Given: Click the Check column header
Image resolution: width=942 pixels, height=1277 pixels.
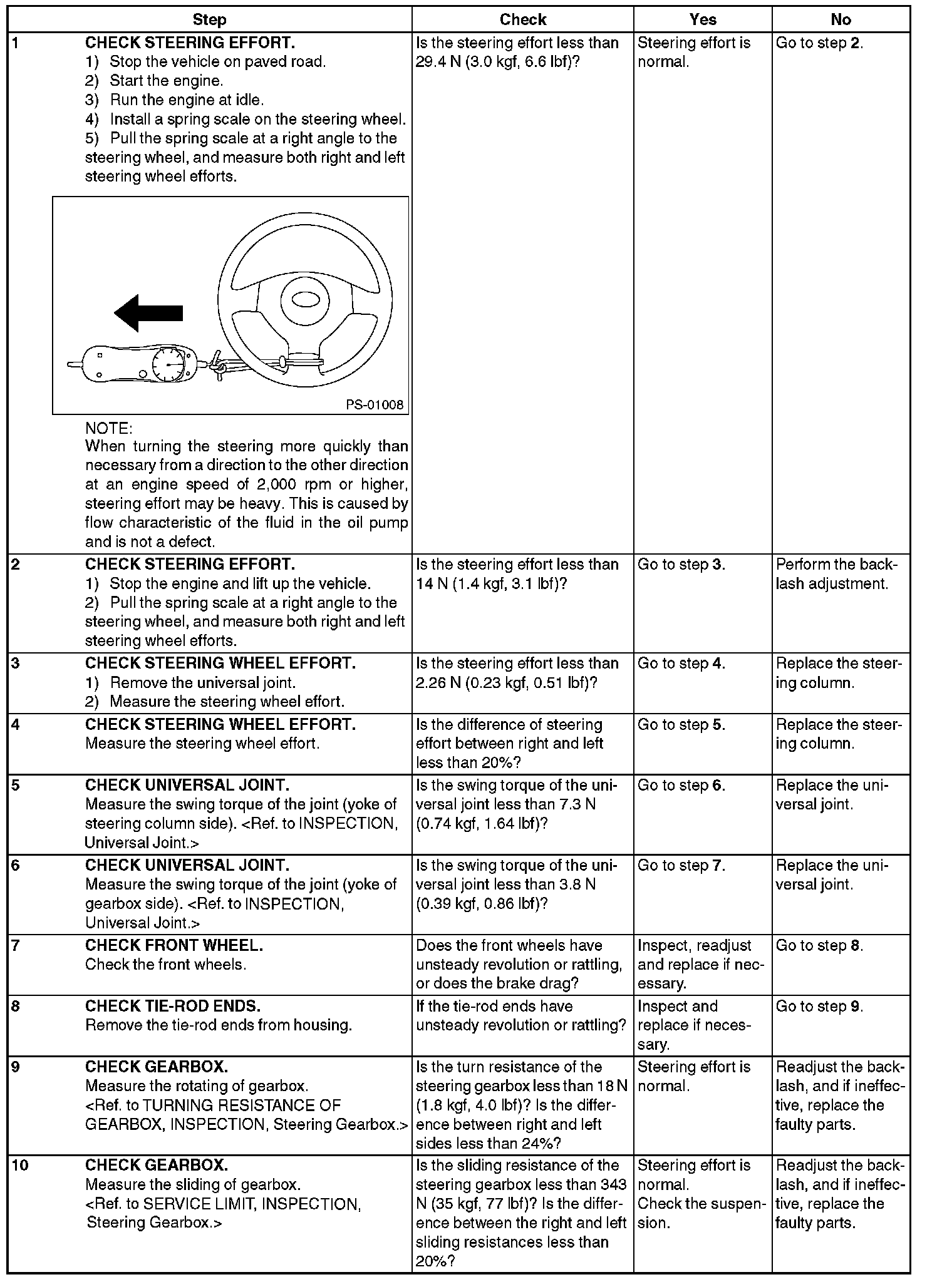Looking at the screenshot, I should [x=522, y=19].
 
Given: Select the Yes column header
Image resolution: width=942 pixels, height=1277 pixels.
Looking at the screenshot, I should [x=702, y=19].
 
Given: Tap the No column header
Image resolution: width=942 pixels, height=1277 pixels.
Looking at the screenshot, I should [x=840, y=19].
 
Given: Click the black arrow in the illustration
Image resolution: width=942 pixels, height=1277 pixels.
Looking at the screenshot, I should [x=148, y=313].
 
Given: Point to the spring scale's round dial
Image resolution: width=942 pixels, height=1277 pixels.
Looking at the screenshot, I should [x=168, y=364].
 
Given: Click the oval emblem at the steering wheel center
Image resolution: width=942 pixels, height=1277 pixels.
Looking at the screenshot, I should [x=306, y=300].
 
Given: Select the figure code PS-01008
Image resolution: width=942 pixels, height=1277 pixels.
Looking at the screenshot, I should [x=375, y=405].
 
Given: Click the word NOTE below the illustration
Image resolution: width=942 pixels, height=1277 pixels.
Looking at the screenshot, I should [x=108, y=429].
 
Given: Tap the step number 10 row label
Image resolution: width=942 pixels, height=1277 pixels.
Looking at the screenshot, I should [x=20, y=1165].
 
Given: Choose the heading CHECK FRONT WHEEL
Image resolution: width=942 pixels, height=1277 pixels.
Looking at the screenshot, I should [x=173, y=945].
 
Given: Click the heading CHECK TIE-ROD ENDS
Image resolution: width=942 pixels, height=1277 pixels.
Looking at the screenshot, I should [x=172, y=1006].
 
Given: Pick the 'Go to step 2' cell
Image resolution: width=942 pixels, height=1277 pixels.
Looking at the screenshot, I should [x=819, y=43].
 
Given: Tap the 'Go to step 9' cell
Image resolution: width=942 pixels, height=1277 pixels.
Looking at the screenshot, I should [x=819, y=1006].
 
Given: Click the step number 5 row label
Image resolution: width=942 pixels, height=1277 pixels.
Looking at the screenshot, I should [x=16, y=785].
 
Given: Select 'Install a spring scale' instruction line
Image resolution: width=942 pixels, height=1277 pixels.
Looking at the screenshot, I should [x=257, y=119].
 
